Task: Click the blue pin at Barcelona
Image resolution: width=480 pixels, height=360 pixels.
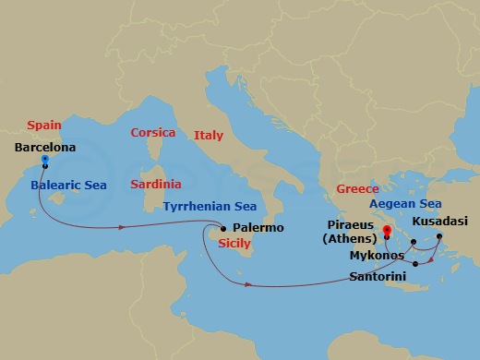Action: click(44, 161)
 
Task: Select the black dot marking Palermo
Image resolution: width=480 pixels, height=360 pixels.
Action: click(222, 228)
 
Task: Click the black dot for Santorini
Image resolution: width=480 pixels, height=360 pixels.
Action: click(416, 265)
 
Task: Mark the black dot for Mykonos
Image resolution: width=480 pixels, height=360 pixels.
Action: click(414, 243)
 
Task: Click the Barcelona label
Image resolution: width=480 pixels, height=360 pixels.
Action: click(45, 146)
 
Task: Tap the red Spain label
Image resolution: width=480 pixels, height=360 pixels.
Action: click(45, 124)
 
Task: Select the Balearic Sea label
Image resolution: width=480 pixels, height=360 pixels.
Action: click(68, 185)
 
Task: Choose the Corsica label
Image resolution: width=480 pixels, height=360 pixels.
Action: click(152, 133)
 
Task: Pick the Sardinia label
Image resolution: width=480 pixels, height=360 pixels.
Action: click(156, 184)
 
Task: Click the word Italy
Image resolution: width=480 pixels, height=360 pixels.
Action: click(209, 135)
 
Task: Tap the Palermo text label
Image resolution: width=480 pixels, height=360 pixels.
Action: click(258, 227)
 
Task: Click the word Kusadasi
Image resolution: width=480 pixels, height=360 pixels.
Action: click(440, 222)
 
